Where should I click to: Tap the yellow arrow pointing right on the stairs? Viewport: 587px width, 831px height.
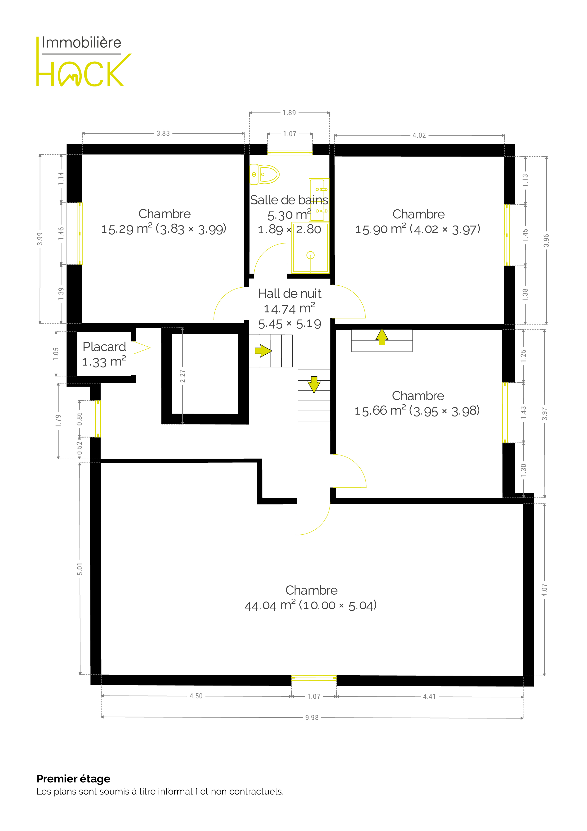[263, 351]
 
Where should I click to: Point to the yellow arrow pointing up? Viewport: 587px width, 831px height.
[382, 337]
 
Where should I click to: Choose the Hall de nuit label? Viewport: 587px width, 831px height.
[289, 293]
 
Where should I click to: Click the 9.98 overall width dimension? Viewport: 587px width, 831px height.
[312, 717]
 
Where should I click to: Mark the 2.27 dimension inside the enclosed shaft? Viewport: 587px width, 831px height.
[183, 376]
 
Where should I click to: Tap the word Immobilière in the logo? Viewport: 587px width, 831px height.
[81, 43]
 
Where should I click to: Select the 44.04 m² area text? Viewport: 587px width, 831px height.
[270, 605]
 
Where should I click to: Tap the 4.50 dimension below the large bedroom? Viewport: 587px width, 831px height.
[196, 696]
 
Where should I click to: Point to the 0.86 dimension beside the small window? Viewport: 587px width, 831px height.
[80, 419]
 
